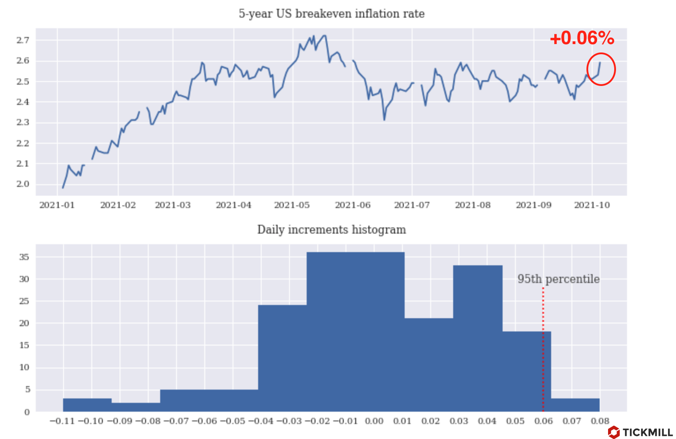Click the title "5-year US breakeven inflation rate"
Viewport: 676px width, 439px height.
pyautogui.click(x=331, y=14)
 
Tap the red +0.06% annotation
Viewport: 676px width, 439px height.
pyautogui.click(x=582, y=38)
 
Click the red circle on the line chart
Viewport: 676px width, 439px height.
pyautogui.click(x=601, y=69)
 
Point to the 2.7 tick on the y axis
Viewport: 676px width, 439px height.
pyautogui.click(x=23, y=40)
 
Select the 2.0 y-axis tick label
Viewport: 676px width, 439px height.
pyautogui.click(x=23, y=184)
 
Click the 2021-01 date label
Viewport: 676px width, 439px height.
pyautogui.click(x=57, y=205)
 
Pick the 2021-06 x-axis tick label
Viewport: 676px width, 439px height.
pyautogui.click(x=353, y=205)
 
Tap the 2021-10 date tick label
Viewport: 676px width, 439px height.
pyautogui.click(x=592, y=205)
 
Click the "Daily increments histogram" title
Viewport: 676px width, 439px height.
pyautogui.click(x=331, y=230)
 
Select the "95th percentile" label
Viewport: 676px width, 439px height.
pyautogui.click(x=558, y=279)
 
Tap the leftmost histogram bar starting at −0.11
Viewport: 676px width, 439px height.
pyautogui.click(x=87, y=405)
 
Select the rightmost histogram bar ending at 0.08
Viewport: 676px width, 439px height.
pyautogui.click(x=575, y=405)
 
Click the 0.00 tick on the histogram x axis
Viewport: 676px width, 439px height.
pyautogui.click(x=374, y=421)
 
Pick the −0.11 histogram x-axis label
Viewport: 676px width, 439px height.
pyautogui.click(x=62, y=421)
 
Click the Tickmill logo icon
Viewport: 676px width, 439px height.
pyautogui.click(x=613, y=432)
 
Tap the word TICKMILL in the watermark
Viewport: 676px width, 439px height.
pyautogui.click(x=647, y=432)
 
